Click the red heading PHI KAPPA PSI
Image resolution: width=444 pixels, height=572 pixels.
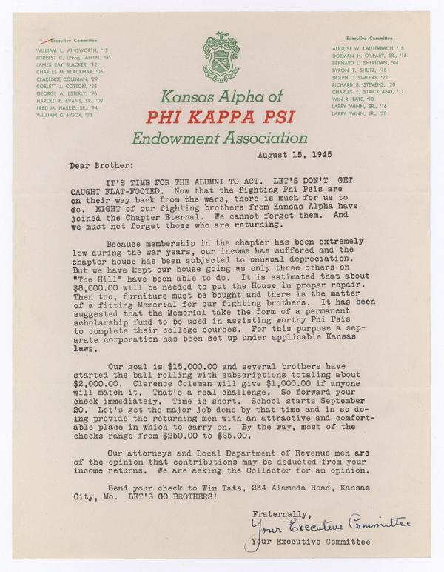pyautogui.click(x=221, y=116)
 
